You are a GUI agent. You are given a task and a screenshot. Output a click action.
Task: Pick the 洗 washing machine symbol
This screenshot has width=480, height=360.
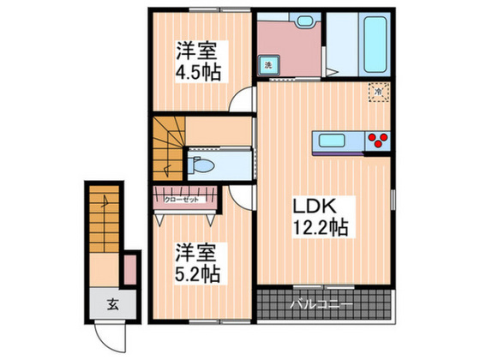pos(267,65)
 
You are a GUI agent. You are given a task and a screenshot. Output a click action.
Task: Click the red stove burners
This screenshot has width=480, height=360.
pos(377,141)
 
